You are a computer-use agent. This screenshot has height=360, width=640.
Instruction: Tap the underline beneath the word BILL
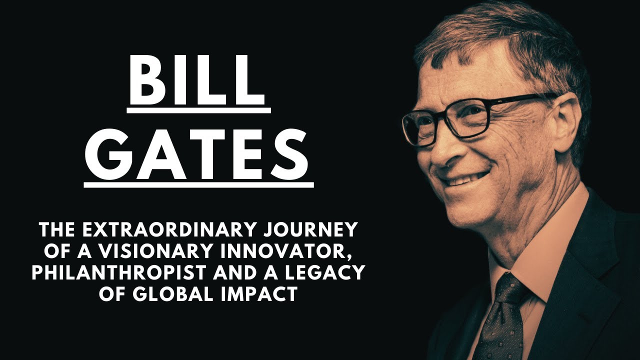coord(198,109)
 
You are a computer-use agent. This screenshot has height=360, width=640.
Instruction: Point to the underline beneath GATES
coord(198,184)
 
